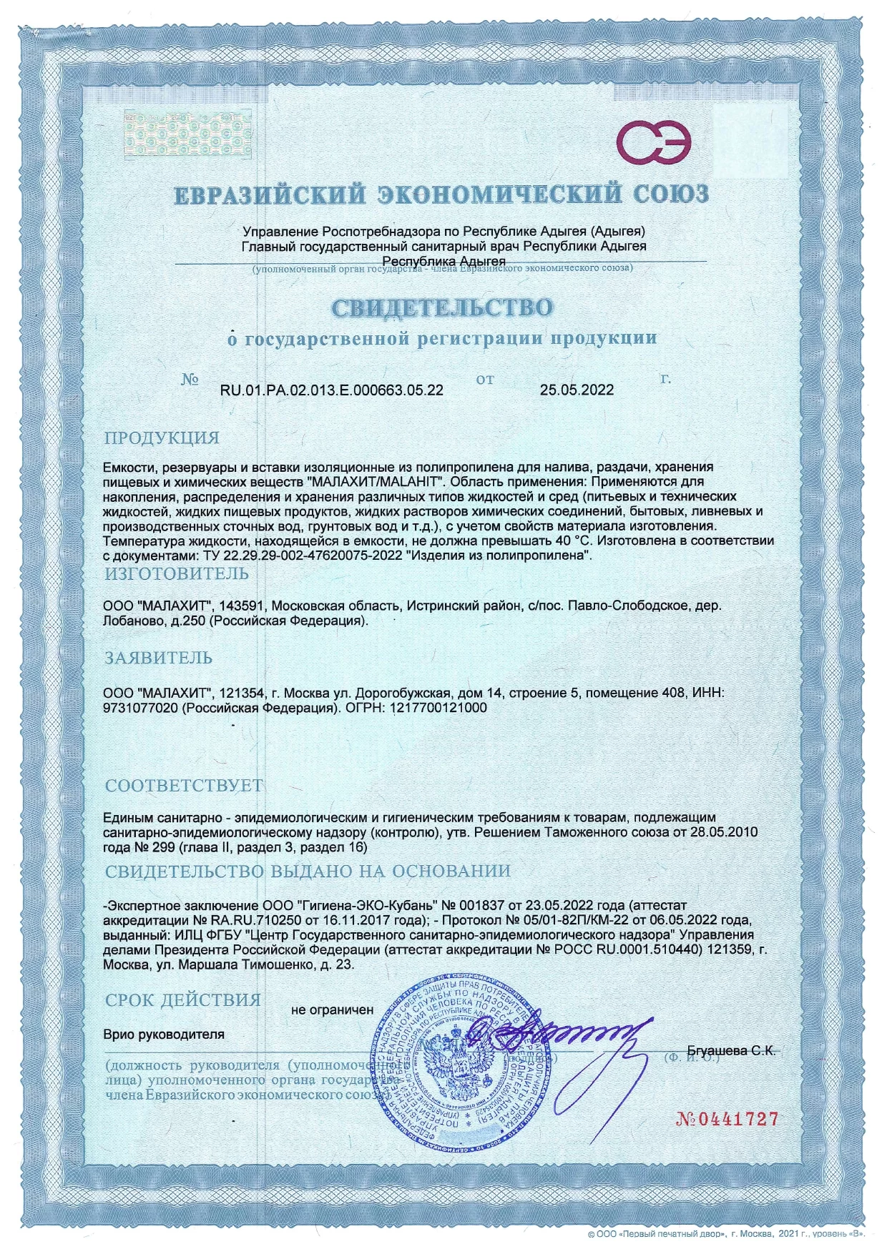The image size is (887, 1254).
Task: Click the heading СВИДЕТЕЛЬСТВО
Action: click(442, 308)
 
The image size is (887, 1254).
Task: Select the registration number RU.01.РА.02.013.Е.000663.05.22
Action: click(331, 390)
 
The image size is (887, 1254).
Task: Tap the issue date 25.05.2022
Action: click(577, 390)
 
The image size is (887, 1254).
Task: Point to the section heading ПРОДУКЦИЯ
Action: click(162, 438)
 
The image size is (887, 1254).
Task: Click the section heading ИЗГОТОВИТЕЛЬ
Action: click(177, 573)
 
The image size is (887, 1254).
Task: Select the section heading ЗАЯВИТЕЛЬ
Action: click(159, 658)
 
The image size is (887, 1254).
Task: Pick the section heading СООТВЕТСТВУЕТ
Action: click(184, 785)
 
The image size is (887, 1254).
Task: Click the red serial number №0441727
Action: click(727, 1119)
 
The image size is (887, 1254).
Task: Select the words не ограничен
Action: click(332, 1010)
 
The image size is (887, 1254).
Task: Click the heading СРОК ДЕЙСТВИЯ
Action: click(183, 999)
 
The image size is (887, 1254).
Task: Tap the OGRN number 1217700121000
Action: click(436, 708)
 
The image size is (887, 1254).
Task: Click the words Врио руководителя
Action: click(164, 1035)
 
